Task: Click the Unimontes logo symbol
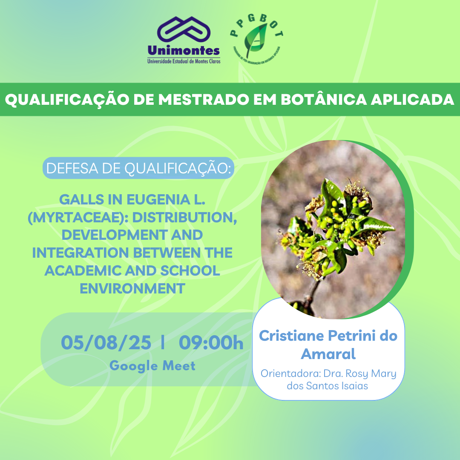tap(184, 31)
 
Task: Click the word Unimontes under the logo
tap(184, 51)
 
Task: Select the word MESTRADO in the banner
tap(201, 100)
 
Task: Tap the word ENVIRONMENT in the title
tap(132, 288)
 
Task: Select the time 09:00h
tap(211, 343)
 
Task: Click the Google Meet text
tap(152, 365)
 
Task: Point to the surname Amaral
tap(328, 354)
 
